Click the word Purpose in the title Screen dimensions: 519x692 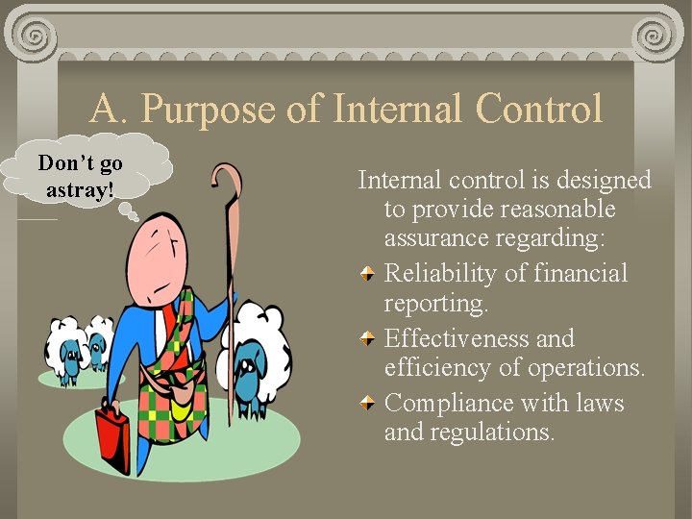(209, 110)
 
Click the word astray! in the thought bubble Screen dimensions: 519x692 (80, 188)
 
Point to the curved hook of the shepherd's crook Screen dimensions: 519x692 (227, 179)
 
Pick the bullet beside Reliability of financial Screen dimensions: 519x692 (368, 275)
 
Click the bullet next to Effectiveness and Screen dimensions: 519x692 (368, 339)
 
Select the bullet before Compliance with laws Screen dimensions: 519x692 (368, 404)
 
